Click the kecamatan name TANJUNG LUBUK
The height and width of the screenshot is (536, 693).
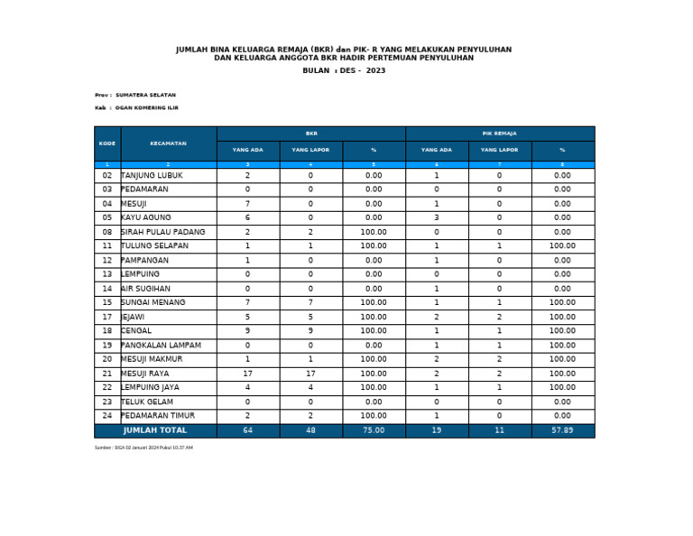[152, 176]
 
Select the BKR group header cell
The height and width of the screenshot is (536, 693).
[311, 133]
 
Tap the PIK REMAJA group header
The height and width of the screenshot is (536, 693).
[500, 133]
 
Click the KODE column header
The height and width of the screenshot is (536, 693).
[107, 143]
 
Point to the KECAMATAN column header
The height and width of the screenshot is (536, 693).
[169, 143]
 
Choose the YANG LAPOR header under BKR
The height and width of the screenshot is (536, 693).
[310, 150]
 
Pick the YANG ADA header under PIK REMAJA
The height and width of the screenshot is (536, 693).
[437, 150]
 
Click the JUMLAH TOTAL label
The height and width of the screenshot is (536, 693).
[155, 430]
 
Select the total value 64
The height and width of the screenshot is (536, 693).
[248, 430]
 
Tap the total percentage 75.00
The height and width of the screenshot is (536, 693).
[374, 430]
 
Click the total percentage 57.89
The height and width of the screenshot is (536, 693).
[562, 430]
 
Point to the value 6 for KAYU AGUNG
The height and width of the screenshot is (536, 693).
[248, 218]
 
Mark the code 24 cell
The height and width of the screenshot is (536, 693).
[107, 416]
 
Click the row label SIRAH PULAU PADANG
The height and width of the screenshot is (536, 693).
[163, 232]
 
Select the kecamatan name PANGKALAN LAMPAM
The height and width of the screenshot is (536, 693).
[161, 345]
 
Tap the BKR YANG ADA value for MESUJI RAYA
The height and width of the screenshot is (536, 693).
[248, 374]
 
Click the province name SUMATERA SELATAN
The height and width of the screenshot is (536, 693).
[146, 95]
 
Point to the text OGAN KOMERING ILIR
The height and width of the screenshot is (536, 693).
[147, 107]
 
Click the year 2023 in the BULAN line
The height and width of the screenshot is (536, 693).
[375, 70]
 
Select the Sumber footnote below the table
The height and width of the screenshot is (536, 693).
[143, 448]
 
